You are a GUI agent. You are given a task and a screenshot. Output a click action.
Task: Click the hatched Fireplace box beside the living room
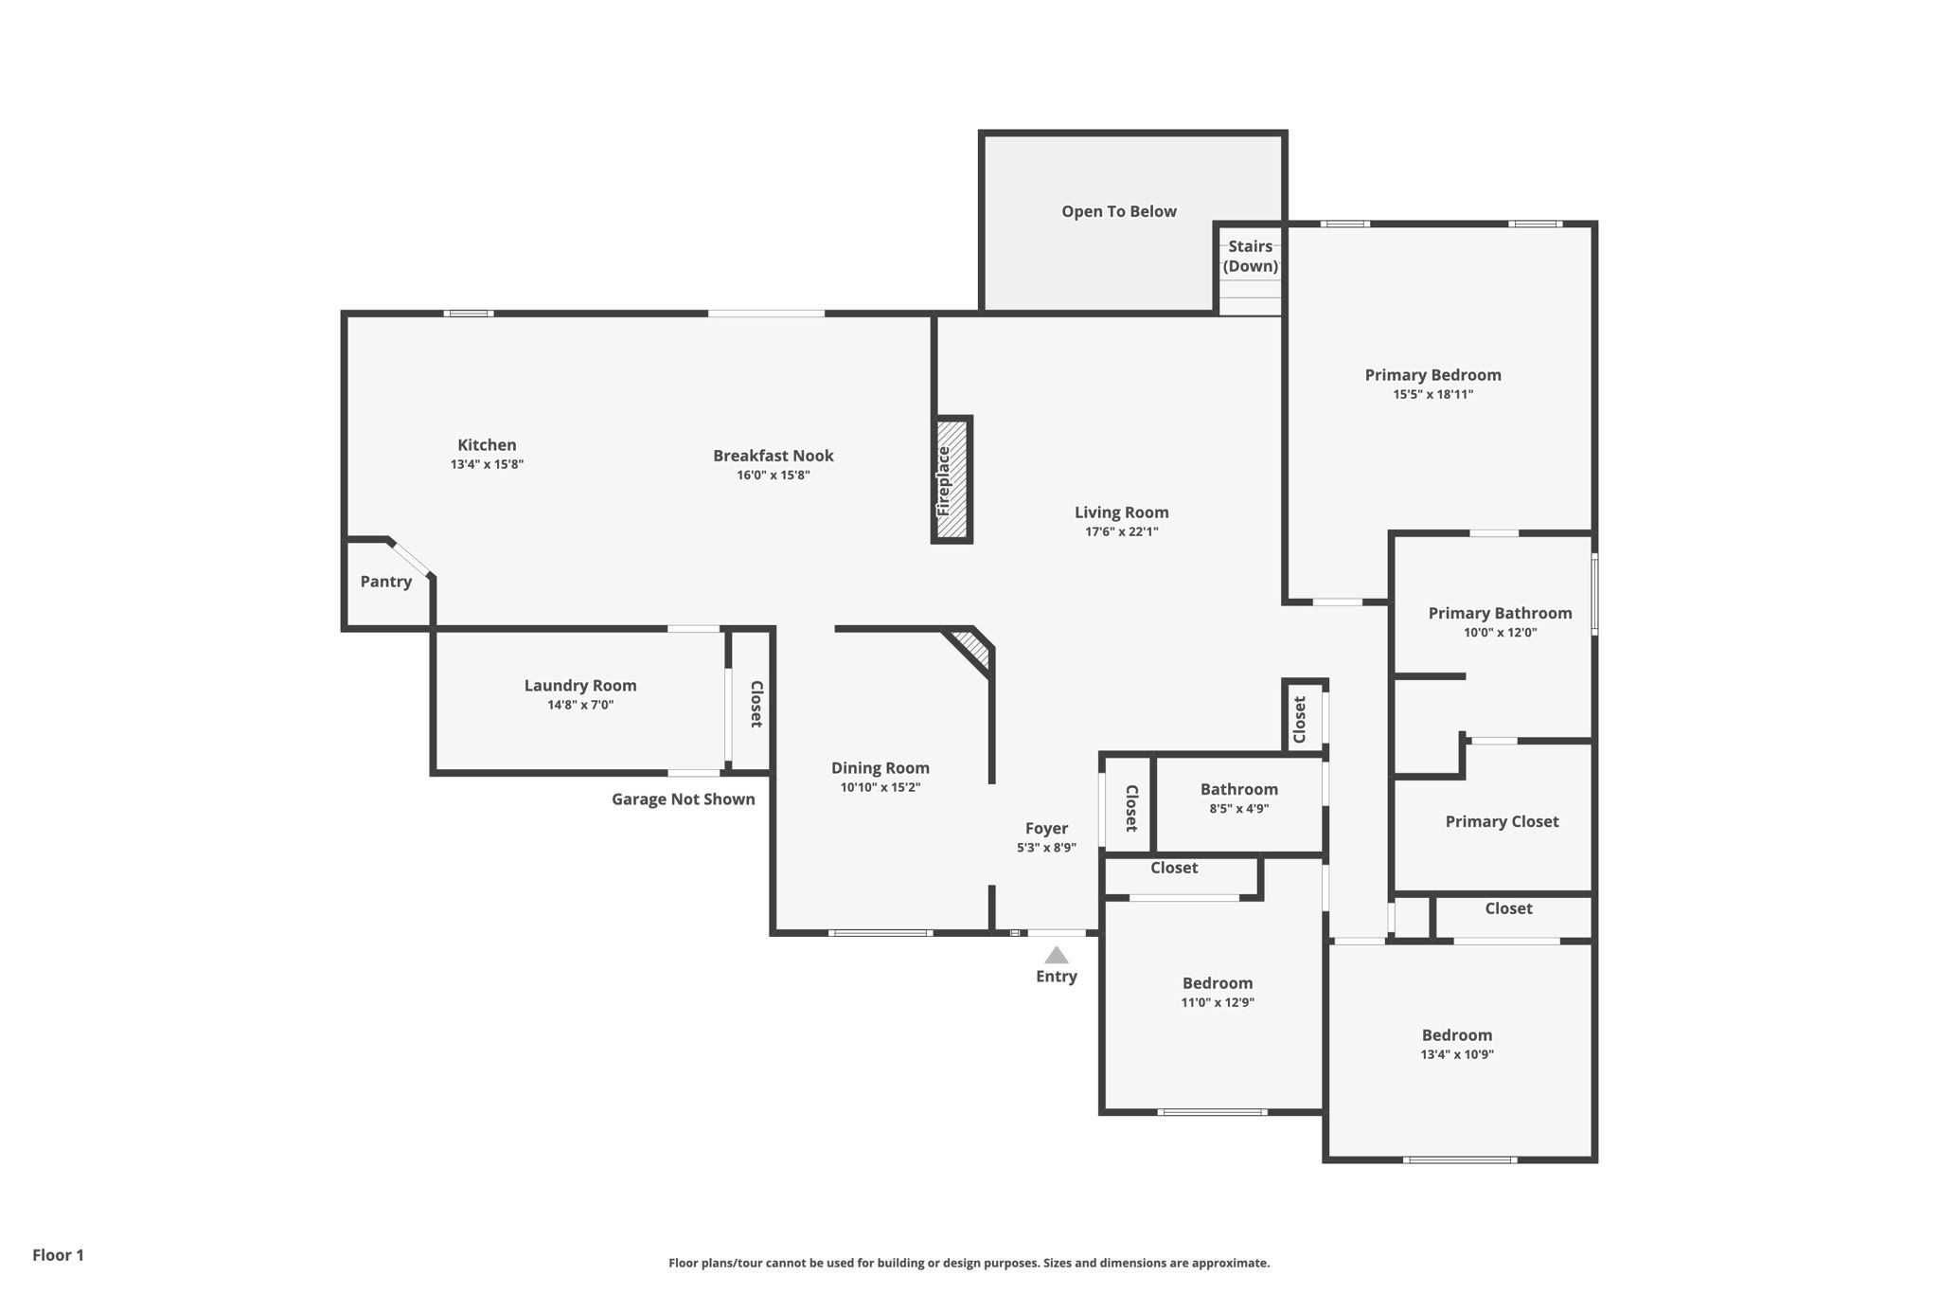[952, 479]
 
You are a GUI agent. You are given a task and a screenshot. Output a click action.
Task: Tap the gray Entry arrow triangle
[1056, 956]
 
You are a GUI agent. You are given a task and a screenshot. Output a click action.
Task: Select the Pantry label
[385, 582]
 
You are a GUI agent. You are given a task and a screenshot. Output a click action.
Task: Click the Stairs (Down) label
[1250, 256]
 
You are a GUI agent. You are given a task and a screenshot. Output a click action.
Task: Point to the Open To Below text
[1118, 211]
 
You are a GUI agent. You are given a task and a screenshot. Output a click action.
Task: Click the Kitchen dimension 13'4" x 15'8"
[487, 464]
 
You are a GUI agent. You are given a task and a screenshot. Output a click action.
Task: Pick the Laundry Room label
[579, 685]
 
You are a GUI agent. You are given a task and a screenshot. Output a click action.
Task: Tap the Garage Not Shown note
[683, 799]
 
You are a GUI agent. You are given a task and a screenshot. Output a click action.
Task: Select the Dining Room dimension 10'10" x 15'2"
[880, 787]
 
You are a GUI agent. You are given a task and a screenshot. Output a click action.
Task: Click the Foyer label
[1046, 828]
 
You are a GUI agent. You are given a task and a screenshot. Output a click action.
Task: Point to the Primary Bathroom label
[1500, 613]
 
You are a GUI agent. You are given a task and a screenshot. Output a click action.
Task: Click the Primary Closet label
[1501, 821]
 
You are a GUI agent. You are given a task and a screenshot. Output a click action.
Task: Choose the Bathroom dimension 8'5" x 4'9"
[1238, 809]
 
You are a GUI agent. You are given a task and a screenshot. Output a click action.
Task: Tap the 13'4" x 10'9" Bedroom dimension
[1456, 1054]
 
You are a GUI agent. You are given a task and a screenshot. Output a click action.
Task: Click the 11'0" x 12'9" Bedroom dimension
[1217, 1002]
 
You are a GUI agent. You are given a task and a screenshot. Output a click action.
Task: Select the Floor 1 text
[58, 1255]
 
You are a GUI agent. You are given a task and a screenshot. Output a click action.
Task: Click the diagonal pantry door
[412, 558]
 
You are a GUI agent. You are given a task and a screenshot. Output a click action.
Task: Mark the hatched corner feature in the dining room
[972, 650]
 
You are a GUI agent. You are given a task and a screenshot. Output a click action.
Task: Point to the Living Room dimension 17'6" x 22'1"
[1121, 531]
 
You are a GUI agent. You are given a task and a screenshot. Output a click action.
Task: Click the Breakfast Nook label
[773, 456]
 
